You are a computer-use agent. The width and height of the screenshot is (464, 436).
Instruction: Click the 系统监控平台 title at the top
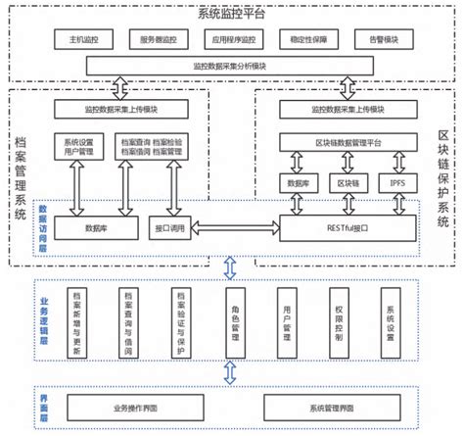[231, 13]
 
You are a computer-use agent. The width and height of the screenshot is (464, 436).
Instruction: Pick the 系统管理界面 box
[327, 406]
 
